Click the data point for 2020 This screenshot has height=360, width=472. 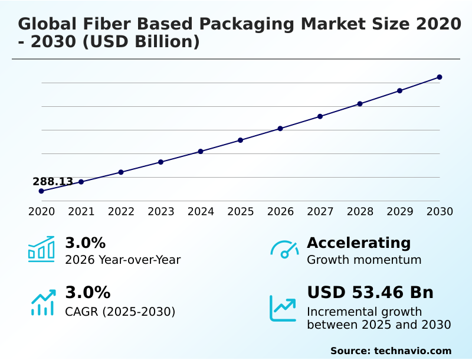(41, 191)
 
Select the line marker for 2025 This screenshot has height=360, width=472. (240, 140)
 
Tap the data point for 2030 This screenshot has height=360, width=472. (440, 77)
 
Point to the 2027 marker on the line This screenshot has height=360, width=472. (320, 116)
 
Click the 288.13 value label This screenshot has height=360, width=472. (53, 182)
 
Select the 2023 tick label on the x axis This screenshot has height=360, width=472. (160, 212)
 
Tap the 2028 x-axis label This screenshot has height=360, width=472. (360, 212)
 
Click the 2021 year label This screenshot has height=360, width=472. (81, 212)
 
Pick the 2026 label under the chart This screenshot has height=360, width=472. (280, 212)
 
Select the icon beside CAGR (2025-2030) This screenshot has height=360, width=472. (42, 302)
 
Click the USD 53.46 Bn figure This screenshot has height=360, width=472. (370, 293)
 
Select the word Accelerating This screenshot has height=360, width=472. (358, 243)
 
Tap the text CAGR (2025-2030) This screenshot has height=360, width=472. (120, 312)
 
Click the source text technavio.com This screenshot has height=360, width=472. (412, 351)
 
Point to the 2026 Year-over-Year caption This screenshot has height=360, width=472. (123, 260)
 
